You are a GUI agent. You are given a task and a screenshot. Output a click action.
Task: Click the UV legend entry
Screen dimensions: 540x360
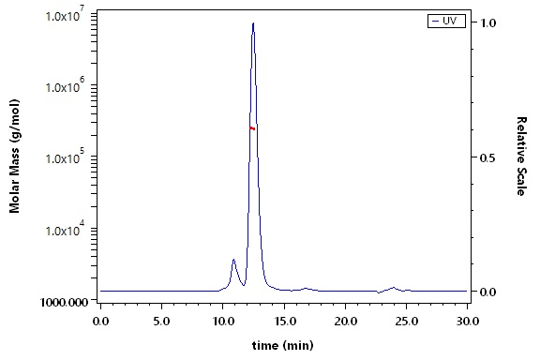click(446, 21)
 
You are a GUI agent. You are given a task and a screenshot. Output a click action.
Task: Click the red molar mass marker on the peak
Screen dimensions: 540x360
click(252, 128)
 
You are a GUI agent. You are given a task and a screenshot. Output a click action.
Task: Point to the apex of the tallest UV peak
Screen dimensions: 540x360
click(253, 23)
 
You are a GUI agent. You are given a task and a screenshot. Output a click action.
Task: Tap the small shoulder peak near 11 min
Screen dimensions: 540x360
click(233, 260)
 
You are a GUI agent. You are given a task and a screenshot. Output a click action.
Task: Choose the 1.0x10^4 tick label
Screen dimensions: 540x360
click(65, 229)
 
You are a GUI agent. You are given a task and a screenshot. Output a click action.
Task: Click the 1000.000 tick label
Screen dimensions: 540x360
click(64, 302)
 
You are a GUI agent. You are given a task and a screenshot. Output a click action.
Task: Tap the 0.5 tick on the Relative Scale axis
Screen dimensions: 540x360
click(487, 157)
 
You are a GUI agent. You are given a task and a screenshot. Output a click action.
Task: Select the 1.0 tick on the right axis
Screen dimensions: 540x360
click(487, 22)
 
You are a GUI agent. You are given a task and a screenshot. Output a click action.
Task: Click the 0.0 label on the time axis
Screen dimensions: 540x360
click(100, 322)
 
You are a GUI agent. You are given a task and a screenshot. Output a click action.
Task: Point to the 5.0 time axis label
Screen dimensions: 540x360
click(161, 322)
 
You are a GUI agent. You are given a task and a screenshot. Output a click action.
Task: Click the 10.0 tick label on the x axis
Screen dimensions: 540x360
click(222, 322)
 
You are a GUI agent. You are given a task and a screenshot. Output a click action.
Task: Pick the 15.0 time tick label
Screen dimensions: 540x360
click(284, 322)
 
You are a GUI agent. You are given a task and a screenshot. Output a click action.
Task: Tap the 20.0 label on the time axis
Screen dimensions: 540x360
click(345, 322)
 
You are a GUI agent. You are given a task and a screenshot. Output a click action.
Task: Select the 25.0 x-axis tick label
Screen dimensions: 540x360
click(406, 322)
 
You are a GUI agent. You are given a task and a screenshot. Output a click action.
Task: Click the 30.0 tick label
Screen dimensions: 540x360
click(468, 322)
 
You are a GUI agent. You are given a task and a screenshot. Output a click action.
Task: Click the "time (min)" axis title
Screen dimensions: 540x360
click(283, 345)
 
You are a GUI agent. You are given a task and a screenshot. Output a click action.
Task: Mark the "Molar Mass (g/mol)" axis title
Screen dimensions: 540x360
click(14, 156)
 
